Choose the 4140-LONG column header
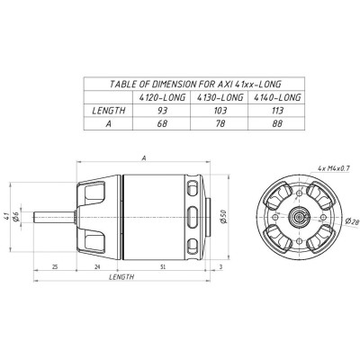[276, 96]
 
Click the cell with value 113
[276, 110]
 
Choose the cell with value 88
[276, 124]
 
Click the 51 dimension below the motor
[162, 266]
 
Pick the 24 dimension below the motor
[97, 266]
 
